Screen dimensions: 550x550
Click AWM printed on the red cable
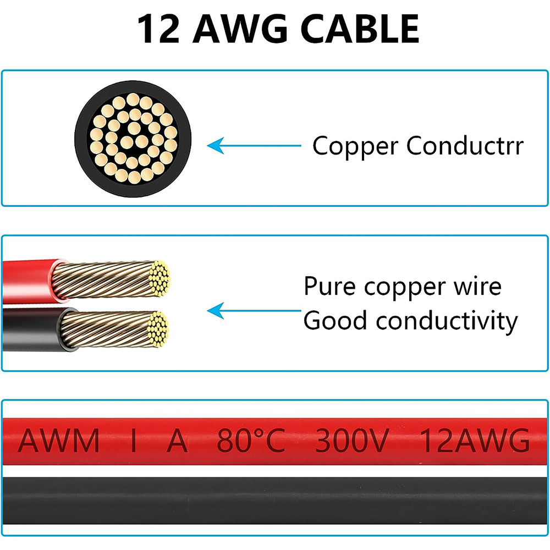click(59, 441)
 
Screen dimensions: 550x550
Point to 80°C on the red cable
click(251, 441)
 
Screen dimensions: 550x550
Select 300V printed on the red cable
click(352, 441)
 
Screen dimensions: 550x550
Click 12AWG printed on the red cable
click(475, 441)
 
